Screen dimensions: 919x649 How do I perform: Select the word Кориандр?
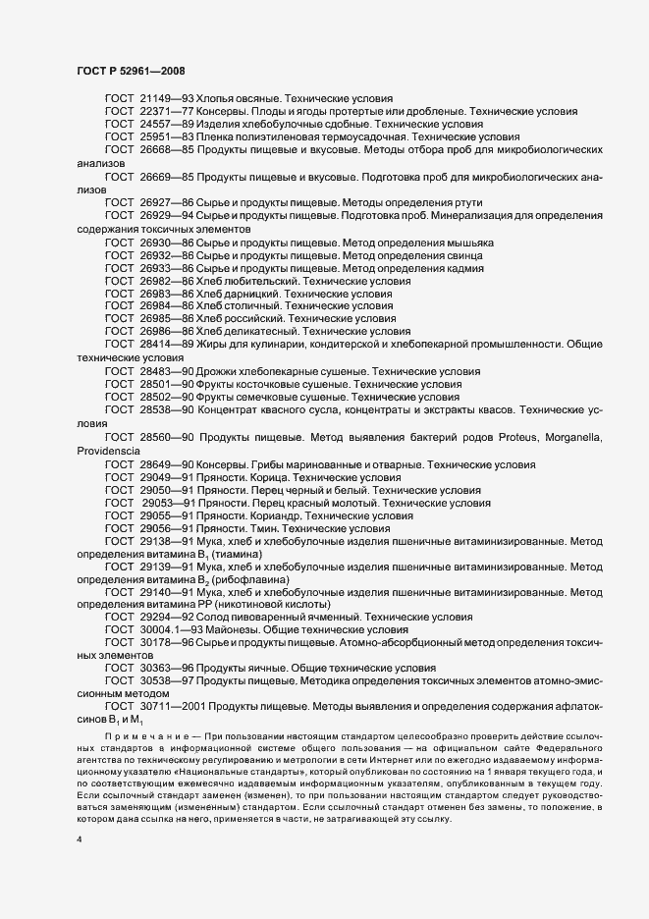point(269,514)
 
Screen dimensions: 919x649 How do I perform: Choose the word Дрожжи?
point(223,372)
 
